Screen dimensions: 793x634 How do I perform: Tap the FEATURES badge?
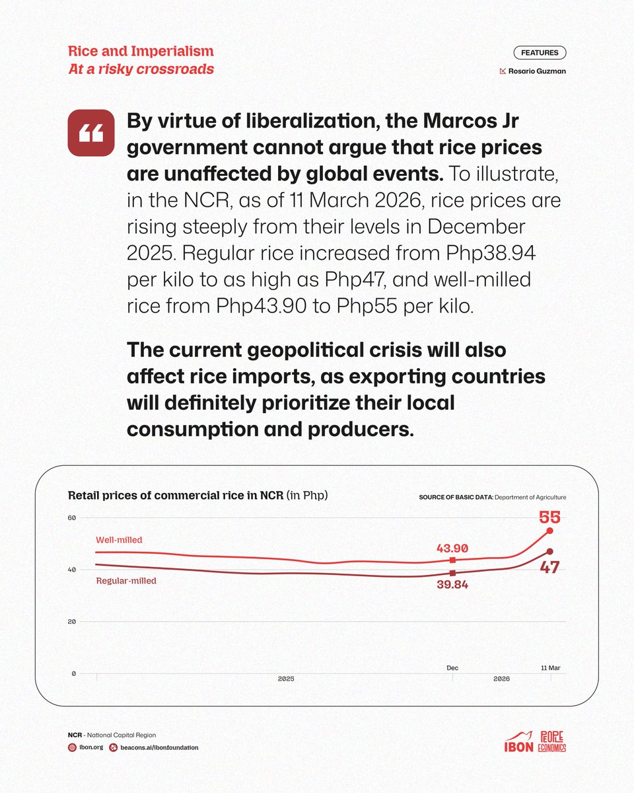pyautogui.click(x=539, y=53)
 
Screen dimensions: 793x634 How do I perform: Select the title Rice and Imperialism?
pyautogui.click(x=141, y=52)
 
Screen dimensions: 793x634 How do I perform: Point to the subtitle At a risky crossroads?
pyautogui.click(x=141, y=69)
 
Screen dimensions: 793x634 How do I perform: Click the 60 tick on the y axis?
pyautogui.click(x=73, y=517)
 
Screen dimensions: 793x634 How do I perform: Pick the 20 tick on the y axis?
pyautogui.click(x=73, y=622)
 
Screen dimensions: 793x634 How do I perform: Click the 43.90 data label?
pyautogui.click(x=452, y=548)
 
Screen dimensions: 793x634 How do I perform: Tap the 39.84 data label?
pyautogui.click(x=452, y=585)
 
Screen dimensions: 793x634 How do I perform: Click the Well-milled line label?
pyautogui.click(x=119, y=540)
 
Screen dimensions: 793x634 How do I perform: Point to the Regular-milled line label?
pyautogui.click(x=126, y=581)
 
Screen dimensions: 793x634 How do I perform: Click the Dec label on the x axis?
pyautogui.click(x=452, y=667)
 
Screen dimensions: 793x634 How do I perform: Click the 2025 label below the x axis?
pyautogui.click(x=286, y=679)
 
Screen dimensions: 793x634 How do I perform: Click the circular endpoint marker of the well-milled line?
pyautogui.click(x=549, y=531)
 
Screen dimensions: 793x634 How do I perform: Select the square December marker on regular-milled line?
pyautogui.click(x=452, y=573)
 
